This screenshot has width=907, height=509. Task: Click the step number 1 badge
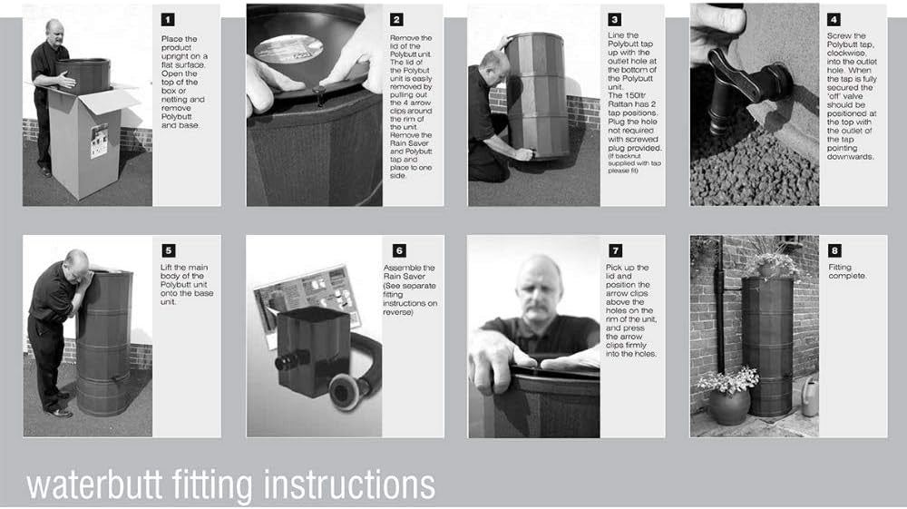(168, 20)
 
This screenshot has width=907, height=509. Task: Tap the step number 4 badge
(834, 20)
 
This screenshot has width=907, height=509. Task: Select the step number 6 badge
(399, 250)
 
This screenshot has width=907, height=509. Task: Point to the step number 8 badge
(834, 250)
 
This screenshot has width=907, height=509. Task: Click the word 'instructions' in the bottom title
(349, 485)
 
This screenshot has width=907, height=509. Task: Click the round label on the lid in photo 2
(288, 49)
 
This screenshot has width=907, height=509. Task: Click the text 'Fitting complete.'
(847, 271)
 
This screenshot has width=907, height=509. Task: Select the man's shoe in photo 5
(59, 413)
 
